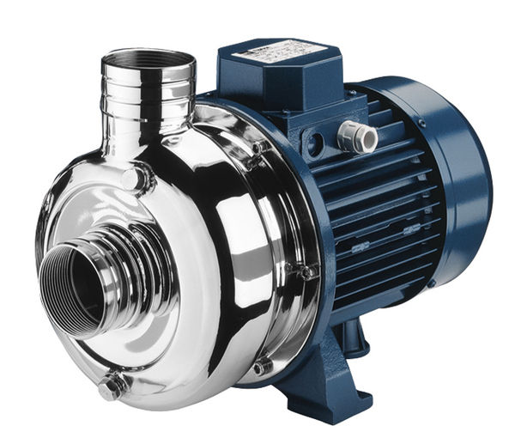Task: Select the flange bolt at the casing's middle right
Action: click(x=302, y=272)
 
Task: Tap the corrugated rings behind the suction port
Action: click(x=129, y=258)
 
